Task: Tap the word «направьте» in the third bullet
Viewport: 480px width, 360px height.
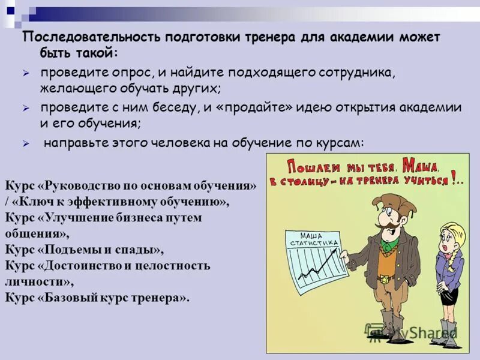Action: pos(74,143)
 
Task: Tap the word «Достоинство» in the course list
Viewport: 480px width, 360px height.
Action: pos(77,265)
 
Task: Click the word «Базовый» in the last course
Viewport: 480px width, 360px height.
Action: pos(66,297)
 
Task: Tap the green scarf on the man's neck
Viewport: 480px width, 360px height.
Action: pos(389,244)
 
